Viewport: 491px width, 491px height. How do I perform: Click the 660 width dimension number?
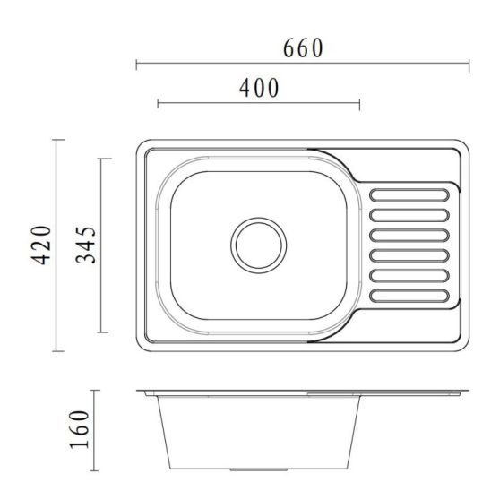point(302,48)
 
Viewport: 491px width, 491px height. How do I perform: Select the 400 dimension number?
point(259,88)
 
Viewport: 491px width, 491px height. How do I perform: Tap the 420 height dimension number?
point(39,245)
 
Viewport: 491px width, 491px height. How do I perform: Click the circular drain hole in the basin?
point(259,243)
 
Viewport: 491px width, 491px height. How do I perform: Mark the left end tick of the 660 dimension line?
point(136,64)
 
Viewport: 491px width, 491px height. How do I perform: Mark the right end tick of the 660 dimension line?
point(469,64)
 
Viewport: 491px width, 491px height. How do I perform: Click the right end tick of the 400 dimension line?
point(359,104)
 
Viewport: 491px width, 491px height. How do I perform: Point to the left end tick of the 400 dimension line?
point(158,104)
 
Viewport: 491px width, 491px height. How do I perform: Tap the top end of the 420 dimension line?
point(58,140)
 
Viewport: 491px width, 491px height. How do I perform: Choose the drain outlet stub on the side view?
point(259,468)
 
